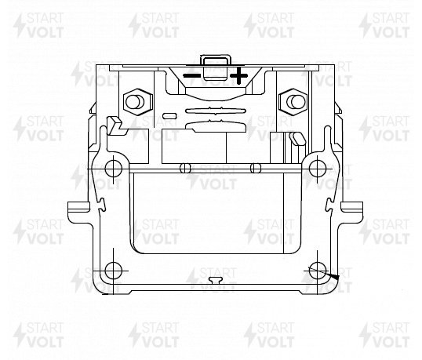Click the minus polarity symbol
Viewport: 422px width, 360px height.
tap(191, 75)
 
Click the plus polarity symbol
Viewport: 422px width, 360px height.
tap(238, 75)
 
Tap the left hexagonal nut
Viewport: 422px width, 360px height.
tap(138, 102)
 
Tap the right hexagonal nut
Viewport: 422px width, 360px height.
tap(293, 102)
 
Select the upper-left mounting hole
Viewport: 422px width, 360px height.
tap(113, 169)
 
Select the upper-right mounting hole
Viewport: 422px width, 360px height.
tap(318, 169)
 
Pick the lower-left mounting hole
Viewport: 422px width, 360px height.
tap(113, 271)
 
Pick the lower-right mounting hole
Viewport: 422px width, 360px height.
tap(318, 271)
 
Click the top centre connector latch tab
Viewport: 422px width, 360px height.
tap(216, 67)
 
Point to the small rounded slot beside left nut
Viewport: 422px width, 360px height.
tap(170, 116)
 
